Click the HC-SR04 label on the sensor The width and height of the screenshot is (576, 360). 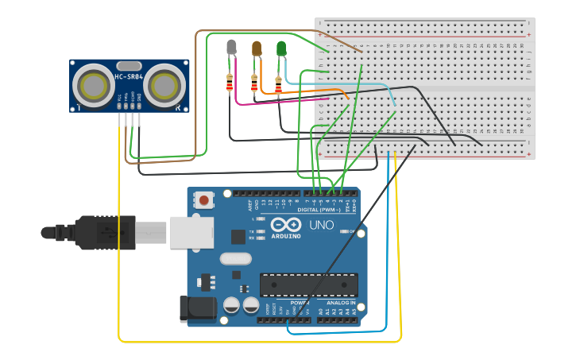(x=129, y=76)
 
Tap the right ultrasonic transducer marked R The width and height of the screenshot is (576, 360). (x=164, y=84)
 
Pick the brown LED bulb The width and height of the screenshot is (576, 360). (x=256, y=48)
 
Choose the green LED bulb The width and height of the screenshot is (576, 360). (x=280, y=48)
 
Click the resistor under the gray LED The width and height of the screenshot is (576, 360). (x=230, y=82)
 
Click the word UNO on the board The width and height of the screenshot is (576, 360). (x=321, y=225)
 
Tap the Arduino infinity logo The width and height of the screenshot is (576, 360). (x=284, y=225)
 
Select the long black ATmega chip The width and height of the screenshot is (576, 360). (x=308, y=284)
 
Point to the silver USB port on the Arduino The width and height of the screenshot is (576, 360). (x=190, y=232)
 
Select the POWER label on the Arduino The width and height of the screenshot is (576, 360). (x=300, y=303)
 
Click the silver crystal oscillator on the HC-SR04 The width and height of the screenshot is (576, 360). (x=129, y=65)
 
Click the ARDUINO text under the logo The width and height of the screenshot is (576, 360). (x=285, y=236)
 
